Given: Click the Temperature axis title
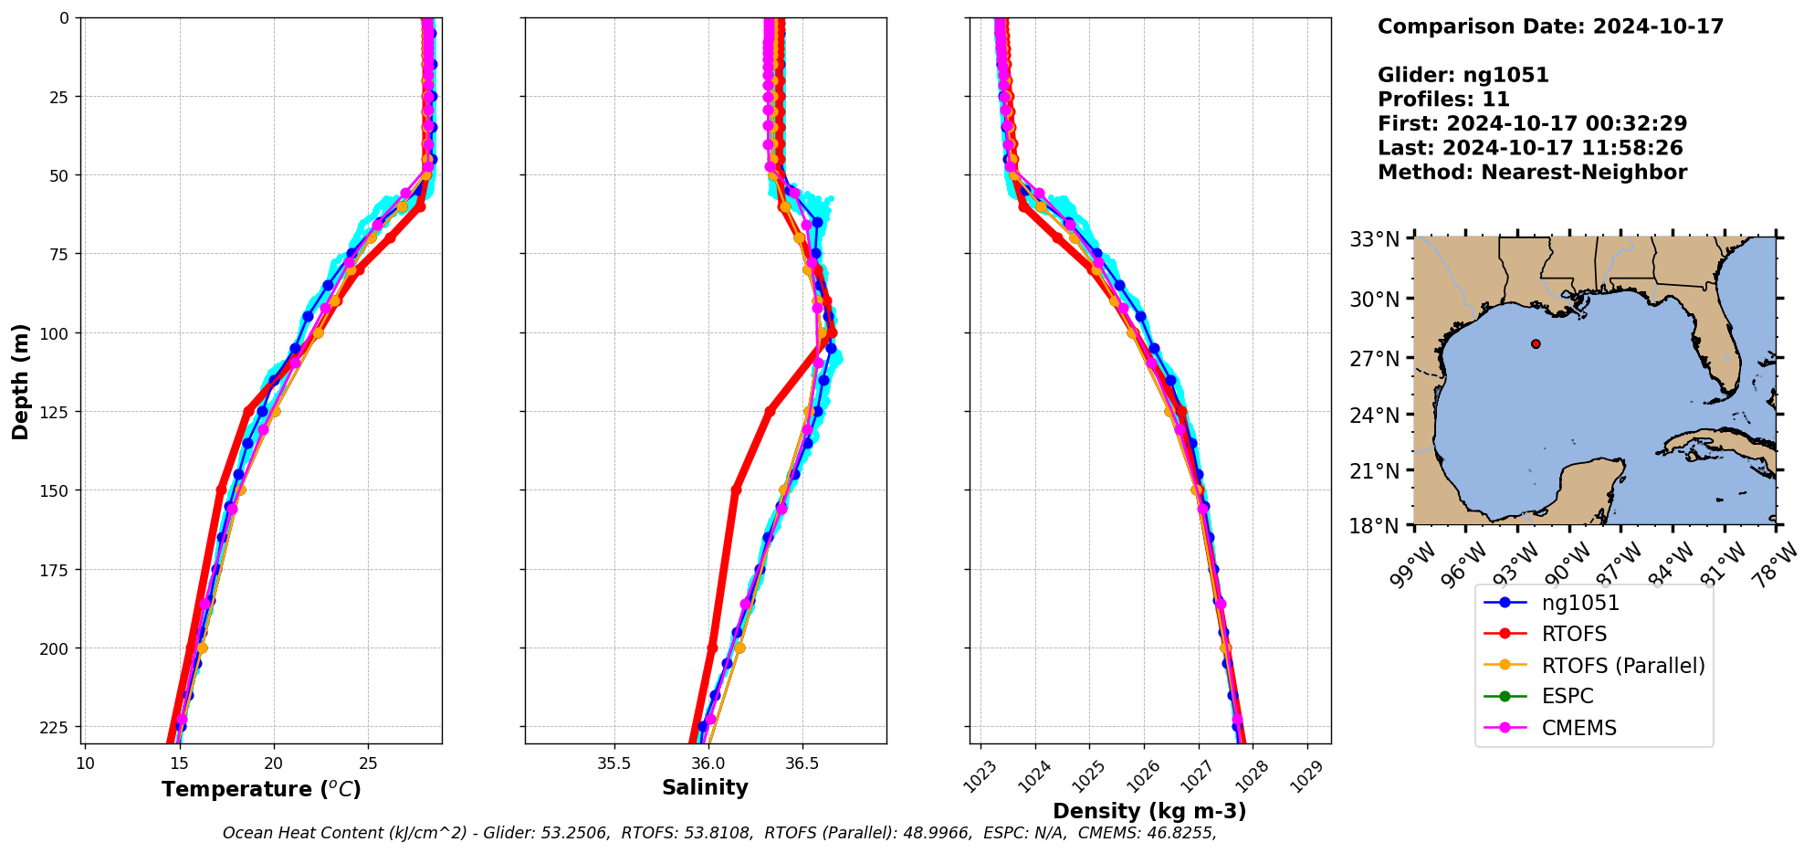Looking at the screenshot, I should tap(261, 789).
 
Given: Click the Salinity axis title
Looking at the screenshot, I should tap(705, 787).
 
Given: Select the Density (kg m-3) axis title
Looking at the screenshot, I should tap(1149, 811).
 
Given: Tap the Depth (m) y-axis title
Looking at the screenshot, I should tap(20, 381).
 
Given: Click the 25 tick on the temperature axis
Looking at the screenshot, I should tap(368, 763).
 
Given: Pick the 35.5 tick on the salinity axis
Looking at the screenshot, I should tap(613, 763).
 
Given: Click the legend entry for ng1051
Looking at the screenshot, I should tap(1579, 603).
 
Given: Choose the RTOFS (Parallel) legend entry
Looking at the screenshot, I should tap(1622, 666).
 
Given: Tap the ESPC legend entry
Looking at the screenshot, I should tap(1567, 696).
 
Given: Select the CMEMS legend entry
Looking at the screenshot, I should tap(1578, 728).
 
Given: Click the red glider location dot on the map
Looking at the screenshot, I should tap(1536, 343).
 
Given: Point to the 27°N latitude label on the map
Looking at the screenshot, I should tap(1374, 359).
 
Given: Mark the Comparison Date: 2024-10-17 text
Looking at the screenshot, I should tap(1550, 26).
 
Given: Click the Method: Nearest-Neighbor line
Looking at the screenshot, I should tap(1532, 173).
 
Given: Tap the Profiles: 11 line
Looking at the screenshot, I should tap(1443, 100).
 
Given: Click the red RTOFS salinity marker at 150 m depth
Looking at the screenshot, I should tap(736, 490).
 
